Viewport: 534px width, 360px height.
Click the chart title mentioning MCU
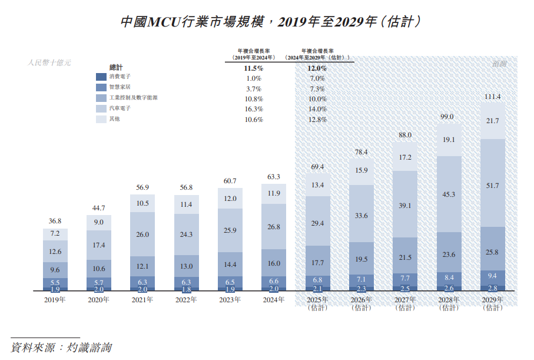pyautogui.click(x=267, y=21)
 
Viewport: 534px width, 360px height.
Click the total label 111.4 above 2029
pyautogui.click(x=492, y=97)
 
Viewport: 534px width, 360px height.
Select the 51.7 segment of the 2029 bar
pyautogui.click(x=492, y=186)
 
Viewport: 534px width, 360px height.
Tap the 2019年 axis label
pyautogui.click(x=55, y=300)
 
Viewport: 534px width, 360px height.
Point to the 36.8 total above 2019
pyautogui.click(x=55, y=222)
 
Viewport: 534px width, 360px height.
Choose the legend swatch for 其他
pyautogui.click(x=101, y=120)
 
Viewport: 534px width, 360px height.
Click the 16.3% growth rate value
pyautogui.click(x=254, y=110)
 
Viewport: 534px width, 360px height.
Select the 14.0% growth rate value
pyautogui.click(x=317, y=110)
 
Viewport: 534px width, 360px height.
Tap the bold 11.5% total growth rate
pyautogui.click(x=254, y=68)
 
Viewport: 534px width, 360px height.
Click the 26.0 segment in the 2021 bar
pyautogui.click(x=142, y=235)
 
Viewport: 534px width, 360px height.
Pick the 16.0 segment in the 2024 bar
pyautogui.click(x=274, y=263)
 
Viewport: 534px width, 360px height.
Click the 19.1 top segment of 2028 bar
pyautogui.click(x=449, y=140)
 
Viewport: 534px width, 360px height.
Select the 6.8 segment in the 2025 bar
pyautogui.click(x=317, y=279)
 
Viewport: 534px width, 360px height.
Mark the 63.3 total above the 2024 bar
pyautogui.click(x=274, y=177)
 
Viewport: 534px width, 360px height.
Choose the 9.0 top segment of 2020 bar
pyautogui.click(x=99, y=222)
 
